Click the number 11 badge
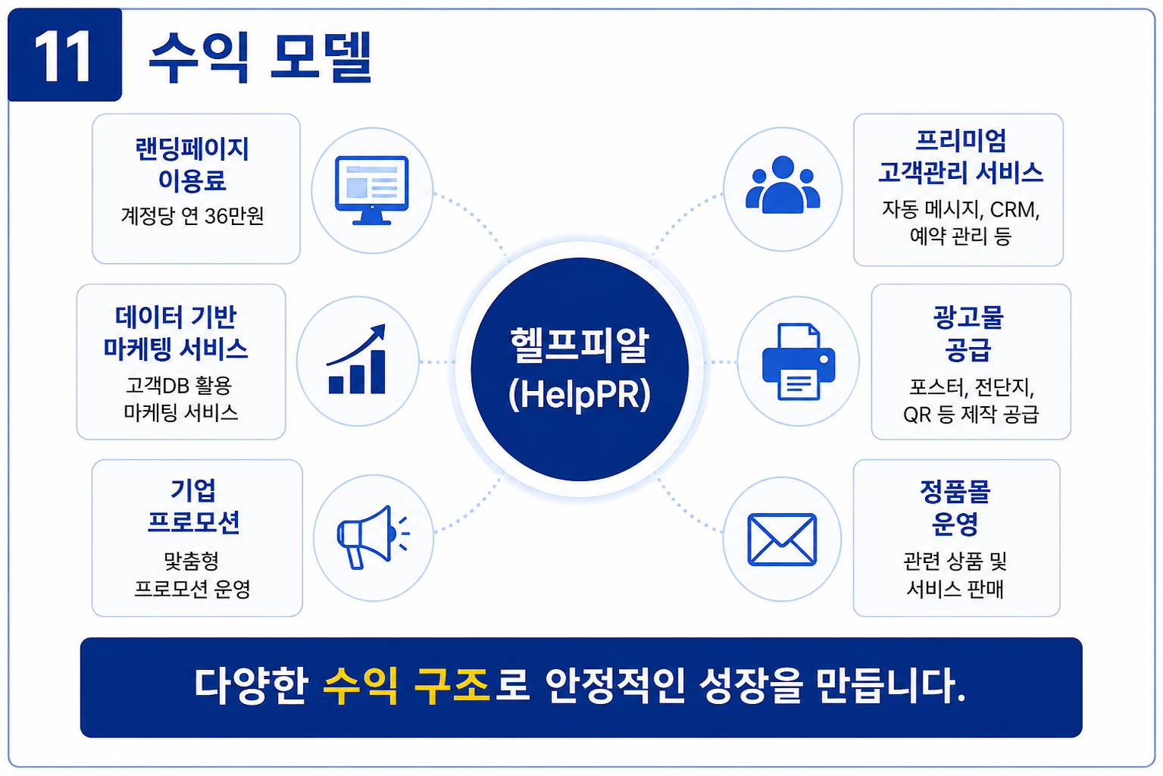pyautogui.click(x=65, y=55)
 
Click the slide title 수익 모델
pyautogui.click(x=260, y=57)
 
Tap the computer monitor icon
pyautogui.click(x=372, y=190)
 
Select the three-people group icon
pyautogui.click(x=783, y=185)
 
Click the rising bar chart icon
pyautogui.click(x=357, y=359)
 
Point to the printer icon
pyautogui.click(x=798, y=361)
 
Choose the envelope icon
pyautogui.click(x=782, y=539)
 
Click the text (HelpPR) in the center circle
pyautogui.click(x=580, y=395)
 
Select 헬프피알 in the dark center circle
pyautogui.click(x=580, y=345)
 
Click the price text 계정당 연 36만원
pyautogui.click(x=192, y=215)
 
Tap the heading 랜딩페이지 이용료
pyautogui.click(x=192, y=164)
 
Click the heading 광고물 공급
pyautogui.click(x=968, y=333)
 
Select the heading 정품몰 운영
pyautogui.click(x=955, y=507)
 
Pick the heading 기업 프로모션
pyautogui.click(x=193, y=506)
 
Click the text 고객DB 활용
pyautogui.click(x=179, y=386)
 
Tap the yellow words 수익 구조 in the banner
pyautogui.click(x=406, y=686)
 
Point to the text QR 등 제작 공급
pyautogui.click(x=971, y=415)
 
